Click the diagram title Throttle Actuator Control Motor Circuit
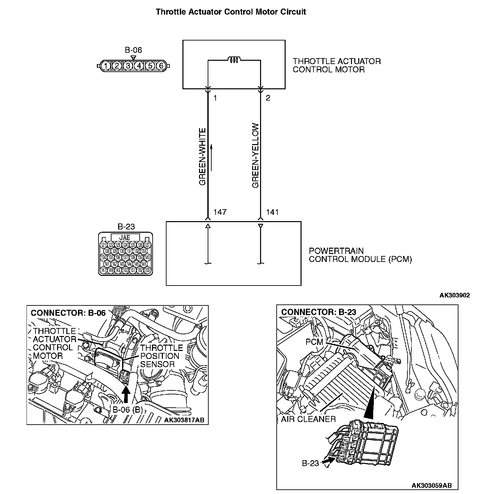tap(231, 12)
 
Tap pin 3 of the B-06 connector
tap(128, 66)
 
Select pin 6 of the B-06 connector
tap(161, 66)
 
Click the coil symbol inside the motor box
tap(234, 60)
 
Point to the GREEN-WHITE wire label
tap(202, 157)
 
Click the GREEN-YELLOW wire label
tap(255, 156)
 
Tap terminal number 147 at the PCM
tap(220, 212)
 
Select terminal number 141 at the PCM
tap(272, 212)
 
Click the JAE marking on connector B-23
tap(125, 237)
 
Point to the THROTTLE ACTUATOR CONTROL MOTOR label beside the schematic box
tap(336, 65)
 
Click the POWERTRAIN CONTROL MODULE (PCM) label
tap(360, 255)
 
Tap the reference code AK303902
tap(454, 295)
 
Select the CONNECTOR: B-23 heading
tap(318, 312)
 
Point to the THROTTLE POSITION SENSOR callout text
tap(161, 356)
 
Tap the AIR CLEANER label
tap(308, 419)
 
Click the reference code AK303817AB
tap(184, 420)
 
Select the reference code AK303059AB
tap(432, 485)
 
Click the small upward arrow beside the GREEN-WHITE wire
tap(211, 157)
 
